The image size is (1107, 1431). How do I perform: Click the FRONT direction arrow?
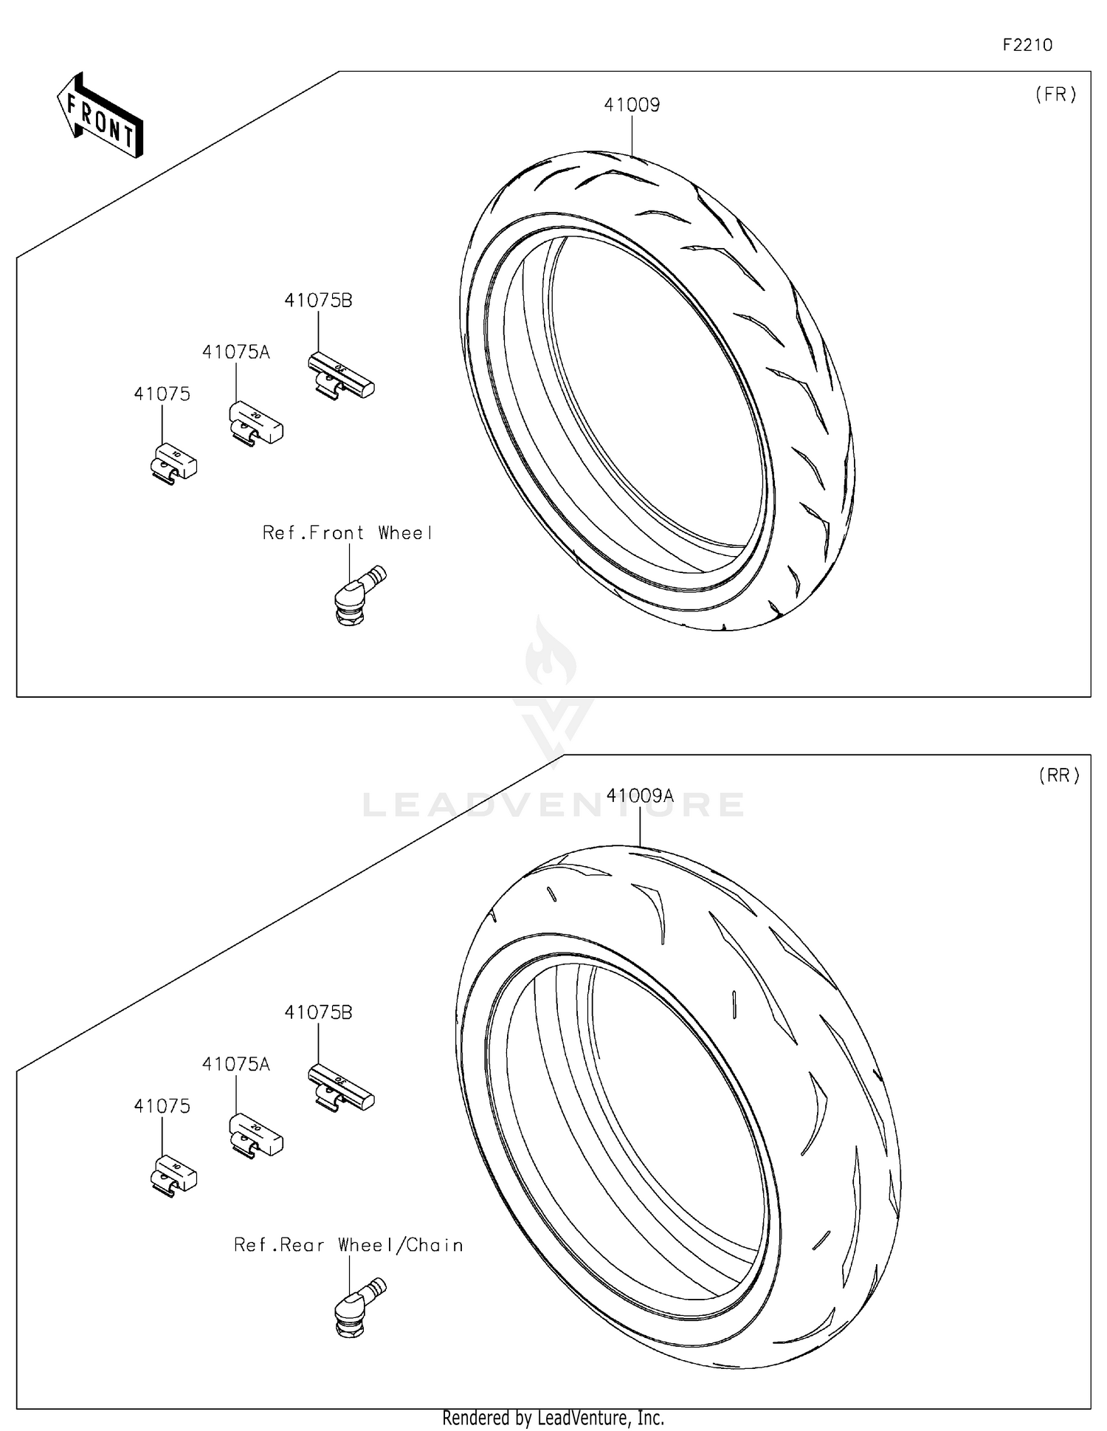pos(100,117)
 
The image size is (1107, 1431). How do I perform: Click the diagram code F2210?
pos(1027,45)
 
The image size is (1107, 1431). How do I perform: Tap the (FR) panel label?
pos(1055,95)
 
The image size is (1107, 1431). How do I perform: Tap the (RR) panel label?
pos(1058,775)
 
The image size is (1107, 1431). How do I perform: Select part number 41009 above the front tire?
pos(632,105)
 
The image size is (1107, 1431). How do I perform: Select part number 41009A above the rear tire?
pos(640,795)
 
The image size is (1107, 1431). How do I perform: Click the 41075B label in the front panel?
pos(318,301)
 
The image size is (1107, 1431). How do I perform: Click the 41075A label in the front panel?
pos(236,352)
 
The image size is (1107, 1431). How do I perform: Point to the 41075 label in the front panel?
pos(162,394)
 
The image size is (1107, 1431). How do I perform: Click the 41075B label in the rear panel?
pos(318,1012)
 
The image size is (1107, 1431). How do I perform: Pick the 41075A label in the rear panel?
pos(236,1064)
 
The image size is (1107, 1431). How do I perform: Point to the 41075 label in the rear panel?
pos(162,1106)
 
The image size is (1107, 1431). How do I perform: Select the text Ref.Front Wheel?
pos(347,533)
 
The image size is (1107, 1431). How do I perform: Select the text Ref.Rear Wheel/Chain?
pos(348,1245)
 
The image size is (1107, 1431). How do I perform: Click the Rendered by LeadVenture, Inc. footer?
pos(553,1418)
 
